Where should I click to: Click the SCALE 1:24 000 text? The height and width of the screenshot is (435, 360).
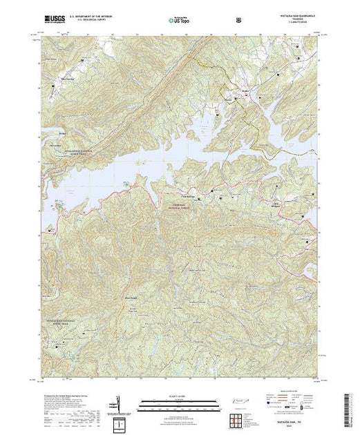180,396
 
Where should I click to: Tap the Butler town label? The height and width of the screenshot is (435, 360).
244,90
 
